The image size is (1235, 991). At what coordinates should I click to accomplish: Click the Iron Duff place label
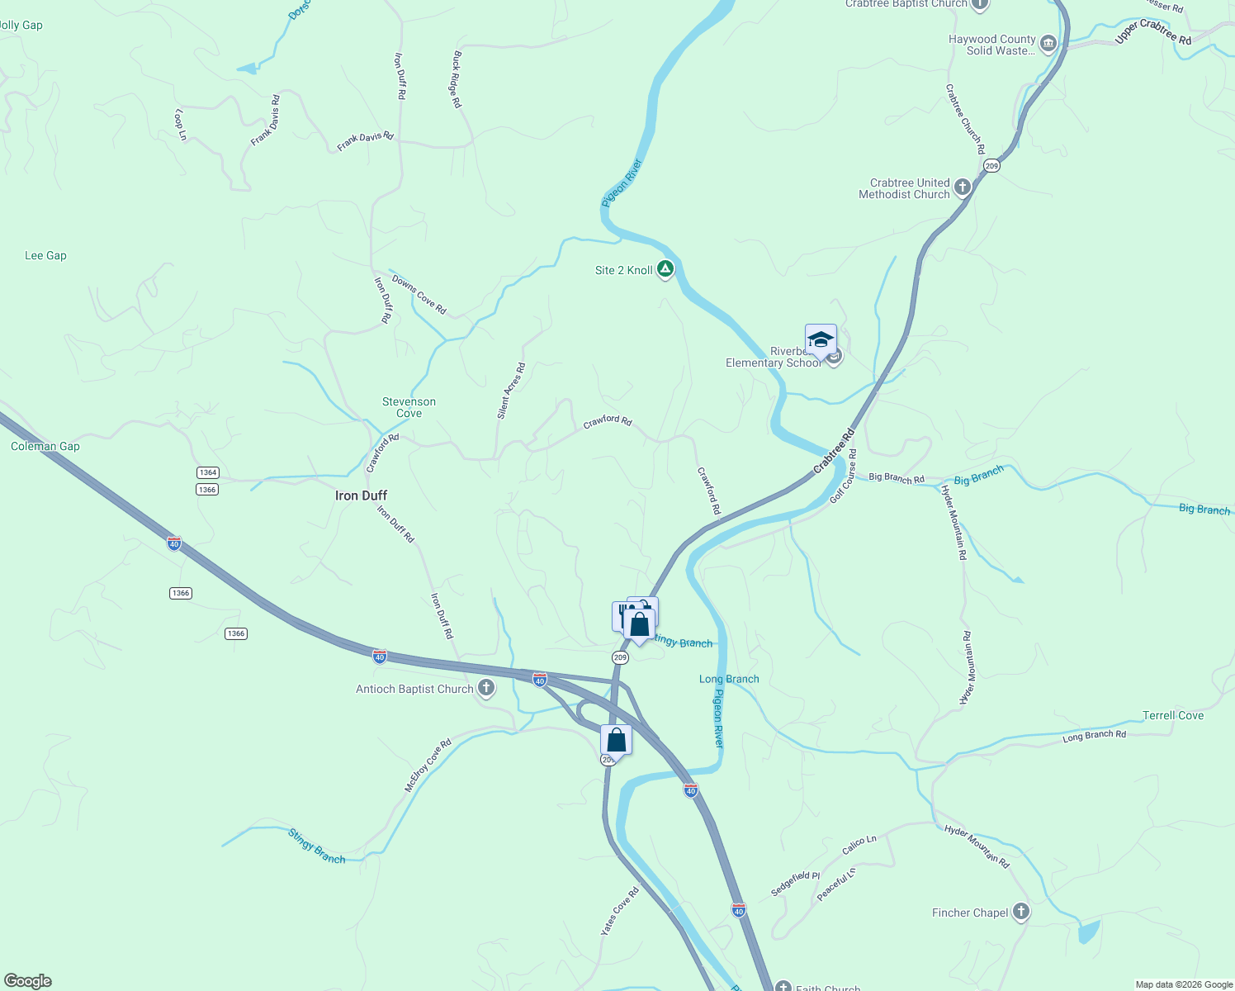(x=361, y=495)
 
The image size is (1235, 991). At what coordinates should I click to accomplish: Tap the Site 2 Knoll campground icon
(x=665, y=270)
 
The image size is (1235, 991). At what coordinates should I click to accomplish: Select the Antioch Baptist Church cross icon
(x=486, y=688)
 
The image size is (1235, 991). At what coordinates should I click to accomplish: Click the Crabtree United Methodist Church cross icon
(x=962, y=188)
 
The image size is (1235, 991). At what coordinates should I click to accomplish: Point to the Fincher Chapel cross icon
(x=1021, y=912)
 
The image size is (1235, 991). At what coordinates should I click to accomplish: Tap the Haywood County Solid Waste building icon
(x=1048, y=44)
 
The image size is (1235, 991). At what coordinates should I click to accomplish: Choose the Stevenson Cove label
(x=409, y=407)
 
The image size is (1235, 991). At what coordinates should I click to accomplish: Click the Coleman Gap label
(x=45, y=446)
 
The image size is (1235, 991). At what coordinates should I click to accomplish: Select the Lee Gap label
(x=45, y=255)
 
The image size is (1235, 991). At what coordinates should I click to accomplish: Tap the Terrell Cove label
(x=1172, y=715)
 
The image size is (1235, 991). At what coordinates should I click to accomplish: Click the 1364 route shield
(x=207, y=472)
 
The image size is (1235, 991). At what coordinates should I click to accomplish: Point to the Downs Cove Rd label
(x=419, y=294)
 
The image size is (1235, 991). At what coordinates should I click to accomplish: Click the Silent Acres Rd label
(x=511, y=391)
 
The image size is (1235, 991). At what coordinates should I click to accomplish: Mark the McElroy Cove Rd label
(x=428, y=766)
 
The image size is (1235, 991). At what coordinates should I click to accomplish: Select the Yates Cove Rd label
(x=620, y=911)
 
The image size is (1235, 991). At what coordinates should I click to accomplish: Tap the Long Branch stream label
(x=729, y=679)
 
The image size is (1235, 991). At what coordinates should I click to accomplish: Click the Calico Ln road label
(x=859, y=845)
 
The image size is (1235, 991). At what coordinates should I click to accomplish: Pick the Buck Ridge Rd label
(x=456, y=79)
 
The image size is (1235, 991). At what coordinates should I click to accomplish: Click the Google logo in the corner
(x=27, y=981)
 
